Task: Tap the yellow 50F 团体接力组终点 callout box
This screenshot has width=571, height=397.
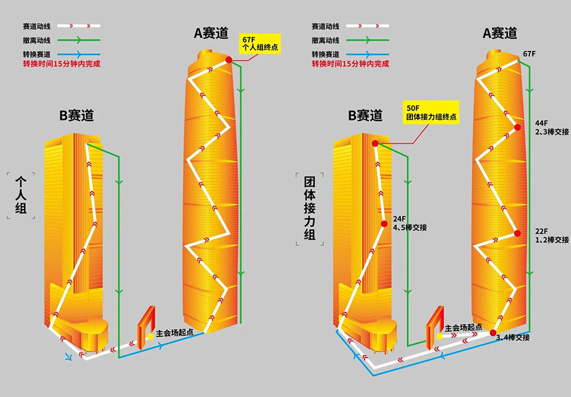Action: (x=431, y=112)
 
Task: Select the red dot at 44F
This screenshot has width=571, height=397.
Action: (x=517, y=127)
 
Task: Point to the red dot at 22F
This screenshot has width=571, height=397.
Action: (x=517, y=233)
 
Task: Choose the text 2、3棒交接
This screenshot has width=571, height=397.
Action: (x=552, y=132)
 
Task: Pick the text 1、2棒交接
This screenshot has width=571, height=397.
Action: (x=552, y=240)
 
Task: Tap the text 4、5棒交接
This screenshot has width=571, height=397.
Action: (x=410, y=228)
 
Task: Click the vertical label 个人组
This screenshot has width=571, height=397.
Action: (x=21, y=195)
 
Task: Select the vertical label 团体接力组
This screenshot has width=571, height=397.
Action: (x=309, y=208)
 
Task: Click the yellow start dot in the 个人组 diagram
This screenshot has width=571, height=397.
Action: (x=150, y=336)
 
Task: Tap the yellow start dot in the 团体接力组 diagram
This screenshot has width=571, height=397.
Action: (x=439, y=336)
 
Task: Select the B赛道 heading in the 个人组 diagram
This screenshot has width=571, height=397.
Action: (x=77, y=117)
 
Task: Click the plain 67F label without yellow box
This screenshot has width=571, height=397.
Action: (x=529, y=54)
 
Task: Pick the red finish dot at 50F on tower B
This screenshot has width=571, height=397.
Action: (x=375, y=143)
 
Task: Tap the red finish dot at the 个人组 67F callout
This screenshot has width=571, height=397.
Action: (x=228, y=59)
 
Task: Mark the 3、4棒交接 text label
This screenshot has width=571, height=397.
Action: (x=513, y=338)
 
